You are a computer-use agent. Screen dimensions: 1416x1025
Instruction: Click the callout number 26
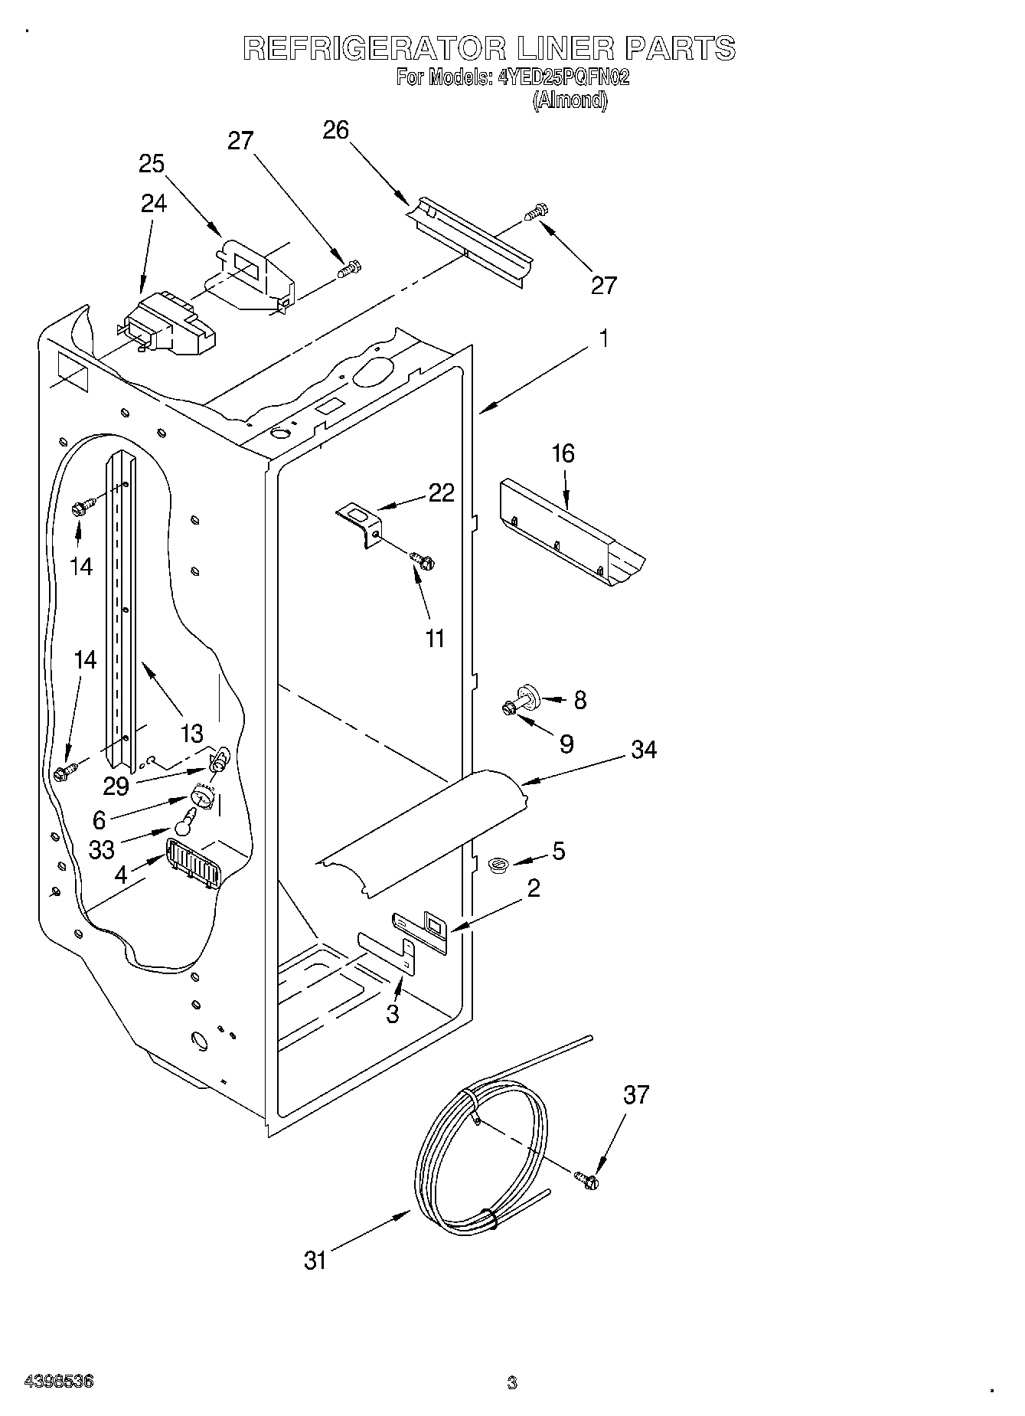click(x=335, y=131)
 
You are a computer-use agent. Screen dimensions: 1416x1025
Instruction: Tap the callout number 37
click(x=636, y=1095)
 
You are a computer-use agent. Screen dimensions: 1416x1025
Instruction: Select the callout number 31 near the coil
click(x=315, y=1260)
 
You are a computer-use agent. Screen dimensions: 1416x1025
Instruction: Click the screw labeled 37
click(x=588, y=1181)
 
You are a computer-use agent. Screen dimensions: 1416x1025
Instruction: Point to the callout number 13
click(x=191, y=734)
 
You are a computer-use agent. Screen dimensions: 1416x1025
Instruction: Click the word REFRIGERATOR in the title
click(x=374, y=49)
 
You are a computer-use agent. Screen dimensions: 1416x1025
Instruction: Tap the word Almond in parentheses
click(x=570, y=100)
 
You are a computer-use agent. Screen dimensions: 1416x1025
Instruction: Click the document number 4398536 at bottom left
click(x=60, y=1382)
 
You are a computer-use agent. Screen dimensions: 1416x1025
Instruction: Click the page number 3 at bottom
click(x=512, y=1382)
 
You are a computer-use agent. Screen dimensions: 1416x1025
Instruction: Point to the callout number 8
click(x=580, y=700)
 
